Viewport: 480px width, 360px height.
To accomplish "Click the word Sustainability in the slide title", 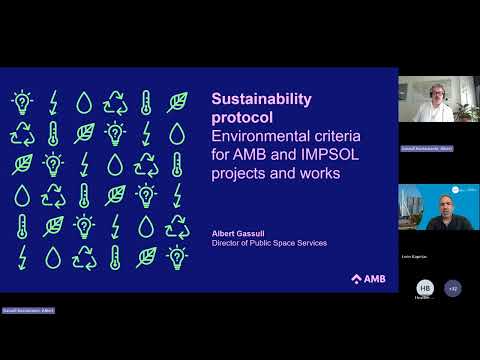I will click(262, 99).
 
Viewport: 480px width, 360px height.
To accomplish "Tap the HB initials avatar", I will click(425, 288).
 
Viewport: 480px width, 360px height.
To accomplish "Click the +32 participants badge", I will click(453, 288).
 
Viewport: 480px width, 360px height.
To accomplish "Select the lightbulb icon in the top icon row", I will click(21, 101).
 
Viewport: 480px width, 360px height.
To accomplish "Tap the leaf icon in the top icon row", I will click(177, 101).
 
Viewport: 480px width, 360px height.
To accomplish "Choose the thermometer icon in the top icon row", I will click(146, 101).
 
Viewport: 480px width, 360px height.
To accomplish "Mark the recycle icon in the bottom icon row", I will click(84, 258).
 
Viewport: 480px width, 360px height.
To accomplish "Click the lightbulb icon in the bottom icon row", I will click(177, 258).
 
